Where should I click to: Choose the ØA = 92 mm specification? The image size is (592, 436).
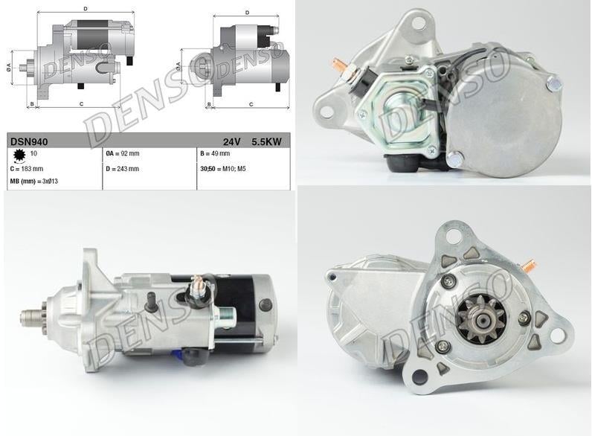click(x=123, y=154)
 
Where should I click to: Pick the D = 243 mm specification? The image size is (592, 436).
click(x=123, y=169)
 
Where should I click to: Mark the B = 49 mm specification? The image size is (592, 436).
click(x=215, y=154)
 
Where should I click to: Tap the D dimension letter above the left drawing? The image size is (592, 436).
click(x=86, y=9)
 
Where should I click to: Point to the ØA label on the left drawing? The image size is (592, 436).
click(x=9, y=68)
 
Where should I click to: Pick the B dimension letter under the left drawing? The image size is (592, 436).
click(x=31, y=104)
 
